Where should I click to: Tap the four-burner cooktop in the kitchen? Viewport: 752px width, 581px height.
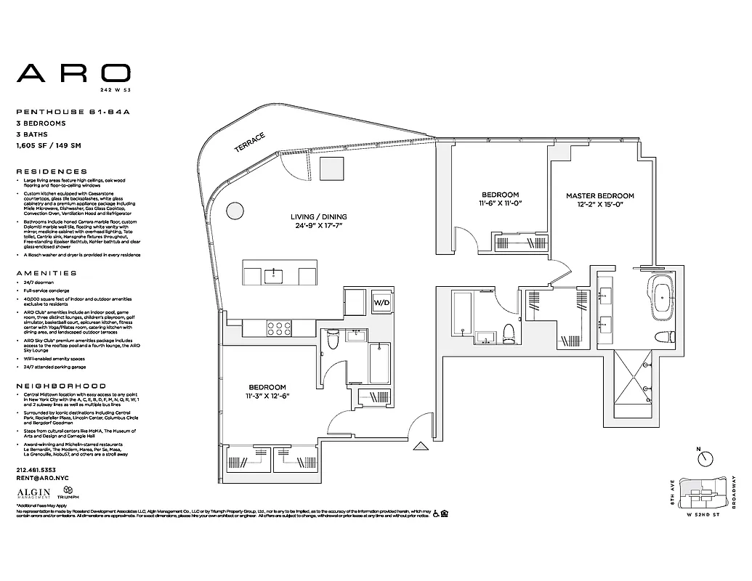278,328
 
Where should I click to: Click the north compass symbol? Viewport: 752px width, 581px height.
704,458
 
